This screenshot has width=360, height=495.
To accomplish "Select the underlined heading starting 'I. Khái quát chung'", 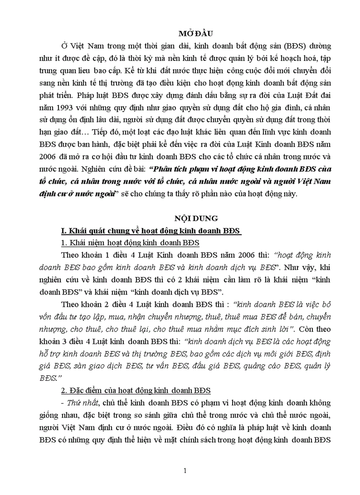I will tap(151, 231).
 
